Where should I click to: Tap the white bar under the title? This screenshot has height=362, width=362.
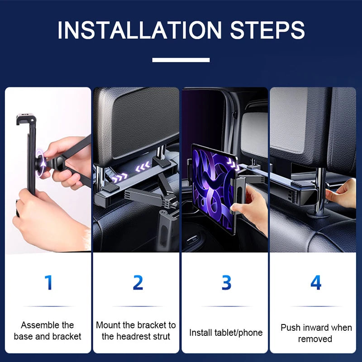pyautogui.click(x=181, y=60)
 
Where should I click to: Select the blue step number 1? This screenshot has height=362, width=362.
pyautogui.click(x=48, y=282)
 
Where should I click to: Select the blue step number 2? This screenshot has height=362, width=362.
pyautogui.click(x=138, y=282)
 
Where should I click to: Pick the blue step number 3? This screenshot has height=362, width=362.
pyautogui.click(x=226, y=282)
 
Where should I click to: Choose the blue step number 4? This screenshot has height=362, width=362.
pyautogui.click(x=315, y=282)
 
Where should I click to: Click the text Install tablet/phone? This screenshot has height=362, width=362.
pyautogui.click(x=226, y=333)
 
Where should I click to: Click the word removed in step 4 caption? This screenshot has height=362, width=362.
pyautogui.click(x=315, y=339)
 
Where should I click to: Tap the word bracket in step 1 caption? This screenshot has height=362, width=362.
pyautogui.click(x=67, y=336)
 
